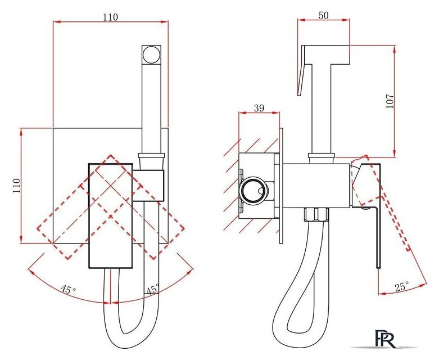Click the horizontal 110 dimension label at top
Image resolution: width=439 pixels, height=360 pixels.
point(110,17)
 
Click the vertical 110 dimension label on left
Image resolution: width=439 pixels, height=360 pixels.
point(16,185)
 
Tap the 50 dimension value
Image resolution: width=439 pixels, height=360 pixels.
point(323,15)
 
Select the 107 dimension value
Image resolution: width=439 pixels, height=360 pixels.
point(390,101)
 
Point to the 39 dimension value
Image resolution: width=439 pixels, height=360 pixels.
point(259,108)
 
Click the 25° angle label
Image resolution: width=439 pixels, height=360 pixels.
point(402,286)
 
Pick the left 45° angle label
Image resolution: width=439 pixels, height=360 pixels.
point(69,289)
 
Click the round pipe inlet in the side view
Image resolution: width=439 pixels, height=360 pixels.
point(253,190)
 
